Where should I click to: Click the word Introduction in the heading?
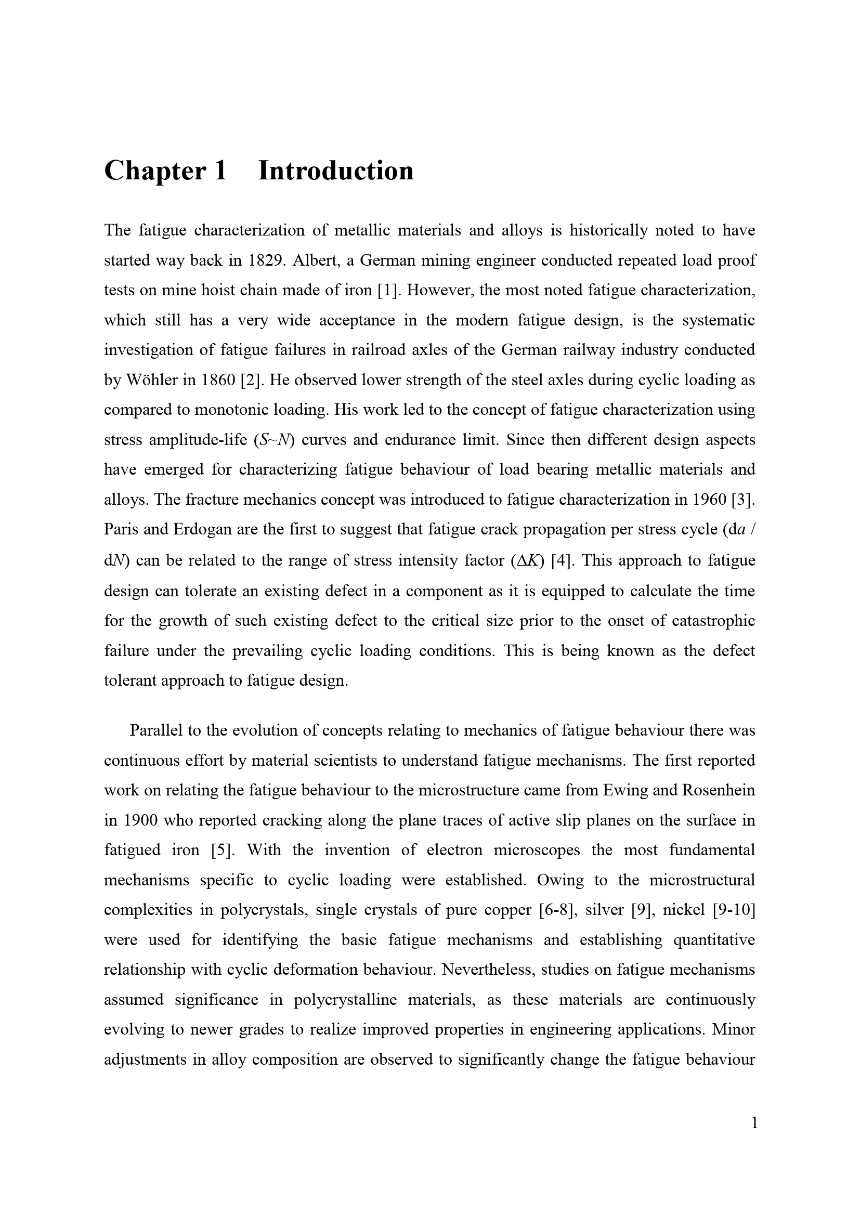336,171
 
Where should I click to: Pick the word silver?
604,910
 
